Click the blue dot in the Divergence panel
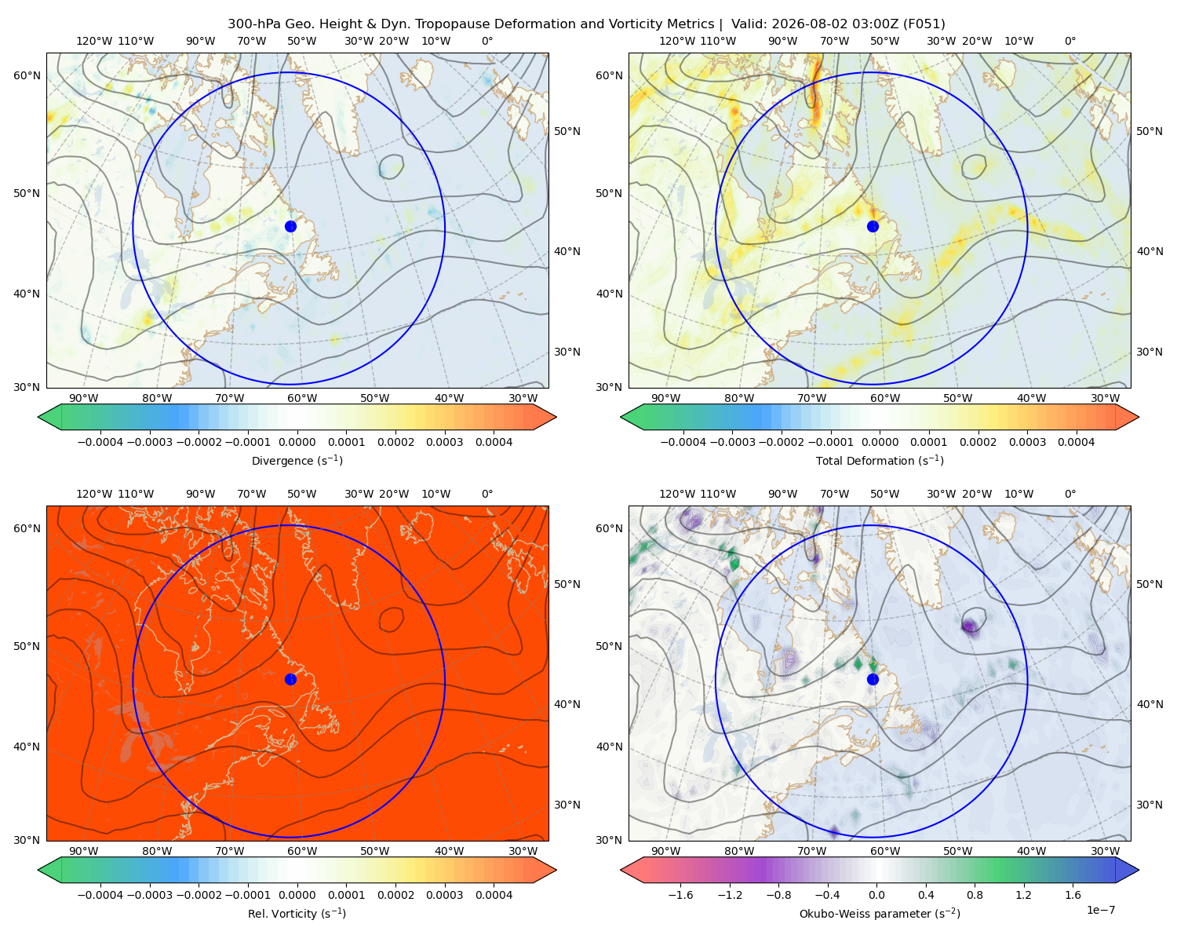click(x=290, y=226)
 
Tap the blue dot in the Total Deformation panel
click(x=873, y=226)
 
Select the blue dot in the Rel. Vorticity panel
click(x=290, y=679)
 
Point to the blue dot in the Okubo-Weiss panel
click(x=873, y=679)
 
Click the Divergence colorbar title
click(x=297, y=460)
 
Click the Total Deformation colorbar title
click(x=880, y=460)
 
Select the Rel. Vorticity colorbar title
click(x=297, y=913)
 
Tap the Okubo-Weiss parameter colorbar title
click(x=880, y=913)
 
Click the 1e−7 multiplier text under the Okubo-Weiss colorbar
click(x=1100, y=910)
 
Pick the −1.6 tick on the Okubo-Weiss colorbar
click(x=680, y=894)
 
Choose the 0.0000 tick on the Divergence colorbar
click(x=297, y=442)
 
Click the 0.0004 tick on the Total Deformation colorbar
click(x=1076, y=442)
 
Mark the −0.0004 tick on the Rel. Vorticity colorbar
click(x=100, y=894)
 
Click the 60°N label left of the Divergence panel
click(x=27, y=75)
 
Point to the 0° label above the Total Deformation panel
click(x=1070, y=41)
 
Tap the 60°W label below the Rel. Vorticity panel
click(x=302, y=851)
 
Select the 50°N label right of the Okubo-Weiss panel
click(x=1149, y=583)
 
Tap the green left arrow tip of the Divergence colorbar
click(x=38, y=417)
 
